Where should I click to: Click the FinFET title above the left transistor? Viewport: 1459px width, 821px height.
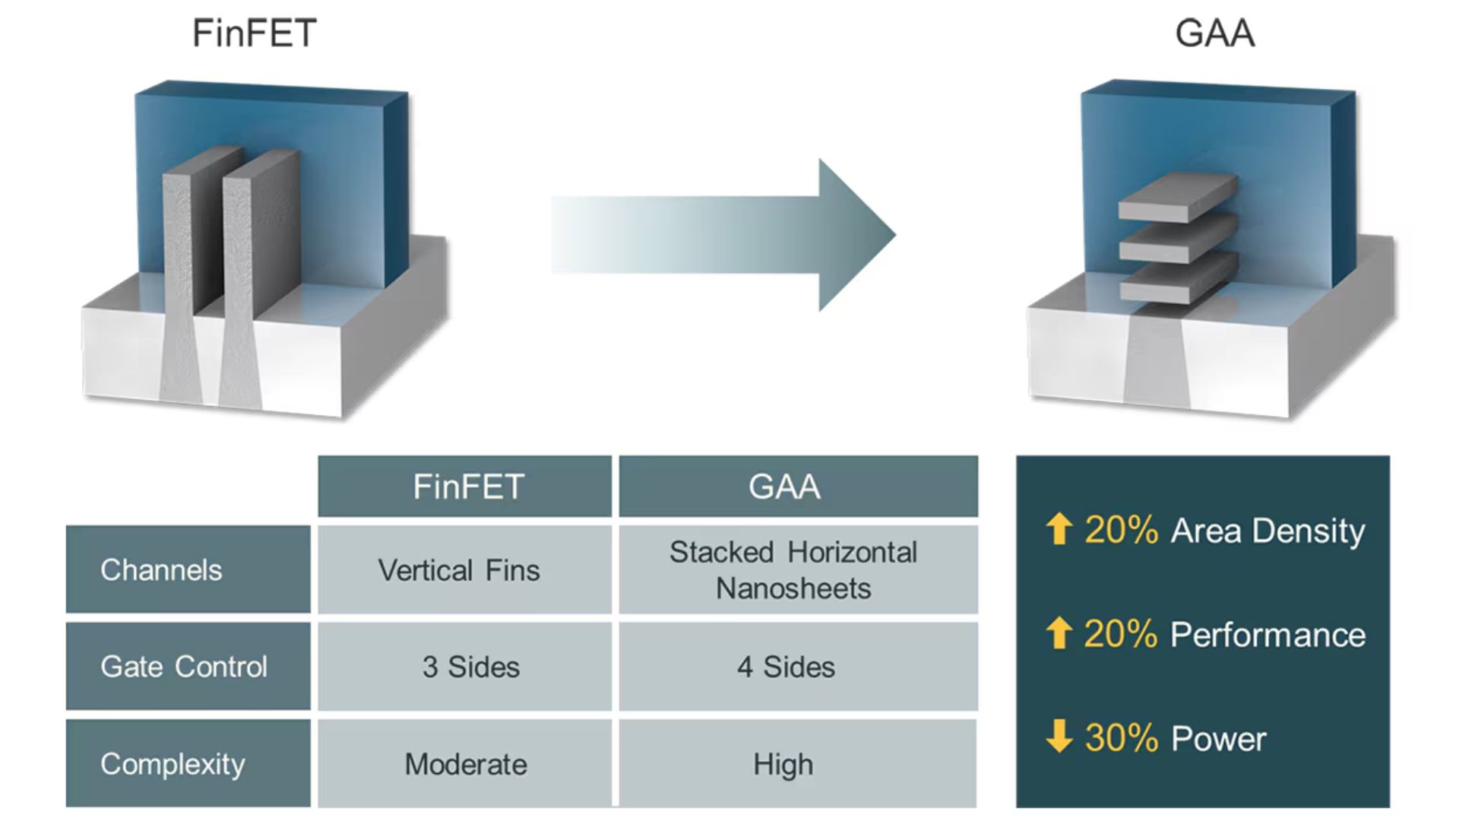(x=255, y=33)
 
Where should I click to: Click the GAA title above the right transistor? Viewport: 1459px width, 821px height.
(x=1214, y=33)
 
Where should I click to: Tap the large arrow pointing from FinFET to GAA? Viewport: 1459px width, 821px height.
(x=723, y=235)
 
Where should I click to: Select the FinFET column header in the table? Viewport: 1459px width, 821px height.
(x=465, y=487)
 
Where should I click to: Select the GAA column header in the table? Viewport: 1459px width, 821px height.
(x=799, y=487)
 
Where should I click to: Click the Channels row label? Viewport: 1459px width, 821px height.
(x=188, y=569)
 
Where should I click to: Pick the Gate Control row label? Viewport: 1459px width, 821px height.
(x=188, y=666)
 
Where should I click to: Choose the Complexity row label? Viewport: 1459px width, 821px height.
(x=188, y=763)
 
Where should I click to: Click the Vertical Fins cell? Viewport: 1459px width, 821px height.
(x=465, y=569)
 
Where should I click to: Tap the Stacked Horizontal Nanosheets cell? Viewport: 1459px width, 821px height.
(x=799, y=569)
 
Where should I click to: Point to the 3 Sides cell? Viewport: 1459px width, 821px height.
(x=465, y=666)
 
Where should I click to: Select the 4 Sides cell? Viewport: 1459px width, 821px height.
(x=799, y=666)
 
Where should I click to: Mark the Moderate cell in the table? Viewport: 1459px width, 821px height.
(x=465, y=763)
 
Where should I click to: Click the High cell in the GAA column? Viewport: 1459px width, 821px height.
(x=799, y=763)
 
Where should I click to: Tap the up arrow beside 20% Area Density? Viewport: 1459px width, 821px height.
(x=1059, y=528)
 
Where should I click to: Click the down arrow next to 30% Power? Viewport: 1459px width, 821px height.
(x=1059, y=736)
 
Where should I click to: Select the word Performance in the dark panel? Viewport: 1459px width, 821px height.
(x=1268, y=635)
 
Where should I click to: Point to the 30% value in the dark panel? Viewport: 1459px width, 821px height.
(x=1121, y=737)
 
